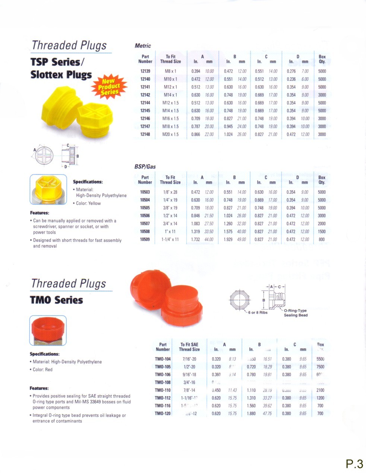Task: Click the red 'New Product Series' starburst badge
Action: [109, 86]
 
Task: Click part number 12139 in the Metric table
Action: [145, 71]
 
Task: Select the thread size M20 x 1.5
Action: [171, 134]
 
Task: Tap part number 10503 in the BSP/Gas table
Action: [145, 192]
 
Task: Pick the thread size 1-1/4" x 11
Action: [170, 239]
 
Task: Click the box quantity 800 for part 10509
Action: [322, 239]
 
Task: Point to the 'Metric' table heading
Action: [143, 46]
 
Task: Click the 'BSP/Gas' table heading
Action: [145, 167]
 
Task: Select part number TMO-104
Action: [163, 359]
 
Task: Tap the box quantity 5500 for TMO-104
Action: [320, 359]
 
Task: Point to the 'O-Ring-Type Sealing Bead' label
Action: [296, 313]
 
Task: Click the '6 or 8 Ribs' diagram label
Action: [258, 312]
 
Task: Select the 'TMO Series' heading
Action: [57, 300]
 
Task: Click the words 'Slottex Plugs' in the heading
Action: [61, 75]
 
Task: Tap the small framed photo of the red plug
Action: [48, 330]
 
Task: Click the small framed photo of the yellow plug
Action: [48, 189]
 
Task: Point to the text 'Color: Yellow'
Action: [88, 203]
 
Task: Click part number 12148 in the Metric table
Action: [145, 134]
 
